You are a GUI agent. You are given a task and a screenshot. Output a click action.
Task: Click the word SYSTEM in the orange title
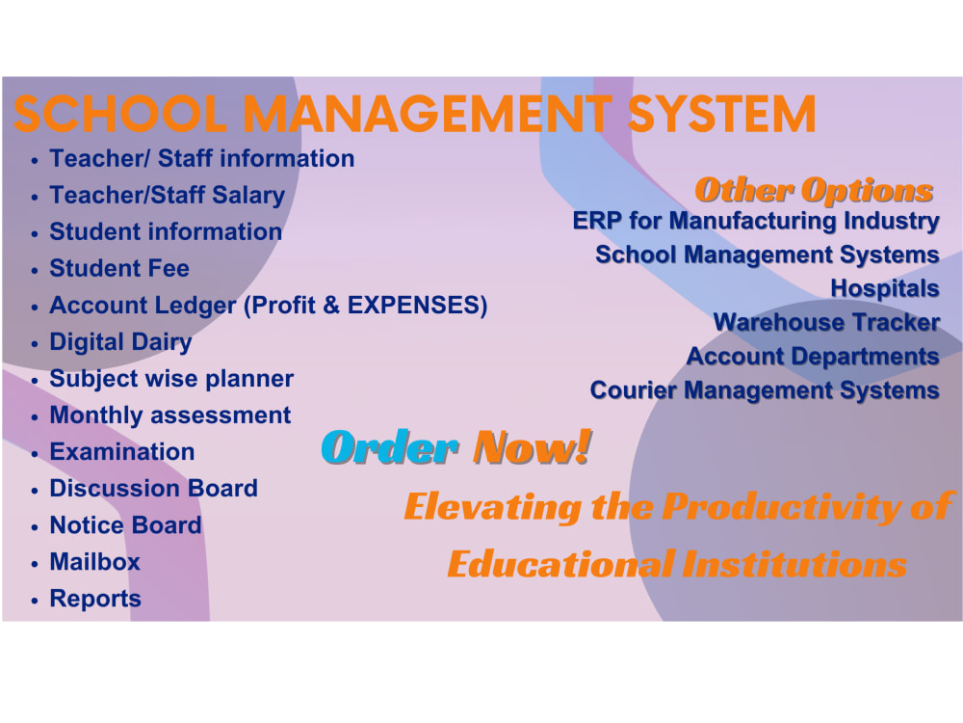722,115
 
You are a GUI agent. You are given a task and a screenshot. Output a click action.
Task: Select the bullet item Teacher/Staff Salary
167,195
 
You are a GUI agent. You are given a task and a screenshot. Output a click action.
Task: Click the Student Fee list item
119,268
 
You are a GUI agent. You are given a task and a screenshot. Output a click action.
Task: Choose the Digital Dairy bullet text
120,342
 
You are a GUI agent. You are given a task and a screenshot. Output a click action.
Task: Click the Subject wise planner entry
171,379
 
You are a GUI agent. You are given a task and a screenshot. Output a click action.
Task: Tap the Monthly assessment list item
169,415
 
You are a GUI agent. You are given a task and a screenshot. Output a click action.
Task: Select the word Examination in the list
121,452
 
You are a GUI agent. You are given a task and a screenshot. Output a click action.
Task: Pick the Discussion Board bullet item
153,489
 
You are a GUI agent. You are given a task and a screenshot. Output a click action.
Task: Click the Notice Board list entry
125,525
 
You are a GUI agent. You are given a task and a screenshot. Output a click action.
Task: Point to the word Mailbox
94,562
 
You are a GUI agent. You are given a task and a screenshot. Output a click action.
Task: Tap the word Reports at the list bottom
94,599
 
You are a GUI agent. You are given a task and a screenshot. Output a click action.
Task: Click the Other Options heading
814,190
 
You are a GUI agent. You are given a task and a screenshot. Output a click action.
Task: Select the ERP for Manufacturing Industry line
756,221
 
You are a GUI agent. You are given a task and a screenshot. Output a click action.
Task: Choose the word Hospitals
884,288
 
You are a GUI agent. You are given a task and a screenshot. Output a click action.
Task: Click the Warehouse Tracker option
826,322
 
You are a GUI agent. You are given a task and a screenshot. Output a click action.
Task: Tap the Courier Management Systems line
765,390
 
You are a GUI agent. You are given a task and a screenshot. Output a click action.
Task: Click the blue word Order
389,447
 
